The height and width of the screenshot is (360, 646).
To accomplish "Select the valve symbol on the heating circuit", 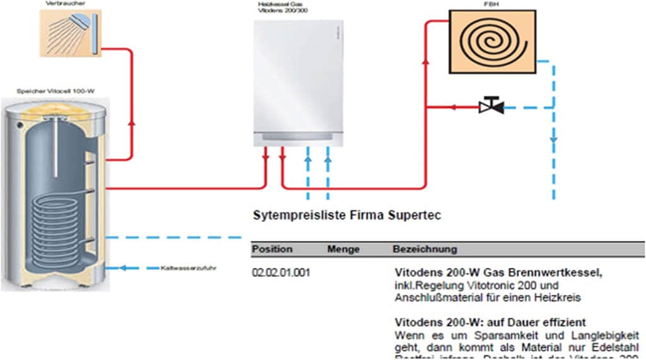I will click(490, 107).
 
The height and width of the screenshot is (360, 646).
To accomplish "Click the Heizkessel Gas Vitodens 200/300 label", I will click(283, 8).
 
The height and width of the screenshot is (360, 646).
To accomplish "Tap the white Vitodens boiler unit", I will click(299, 82).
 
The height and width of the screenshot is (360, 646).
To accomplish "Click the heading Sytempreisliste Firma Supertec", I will click(346, 216).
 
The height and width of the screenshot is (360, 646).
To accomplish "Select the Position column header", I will click(273, 249).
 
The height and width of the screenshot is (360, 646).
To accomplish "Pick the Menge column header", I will click(343, 249).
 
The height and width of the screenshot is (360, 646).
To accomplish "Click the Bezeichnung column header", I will click(425, 249).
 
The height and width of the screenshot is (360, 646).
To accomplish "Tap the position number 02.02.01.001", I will click(281, 273).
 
